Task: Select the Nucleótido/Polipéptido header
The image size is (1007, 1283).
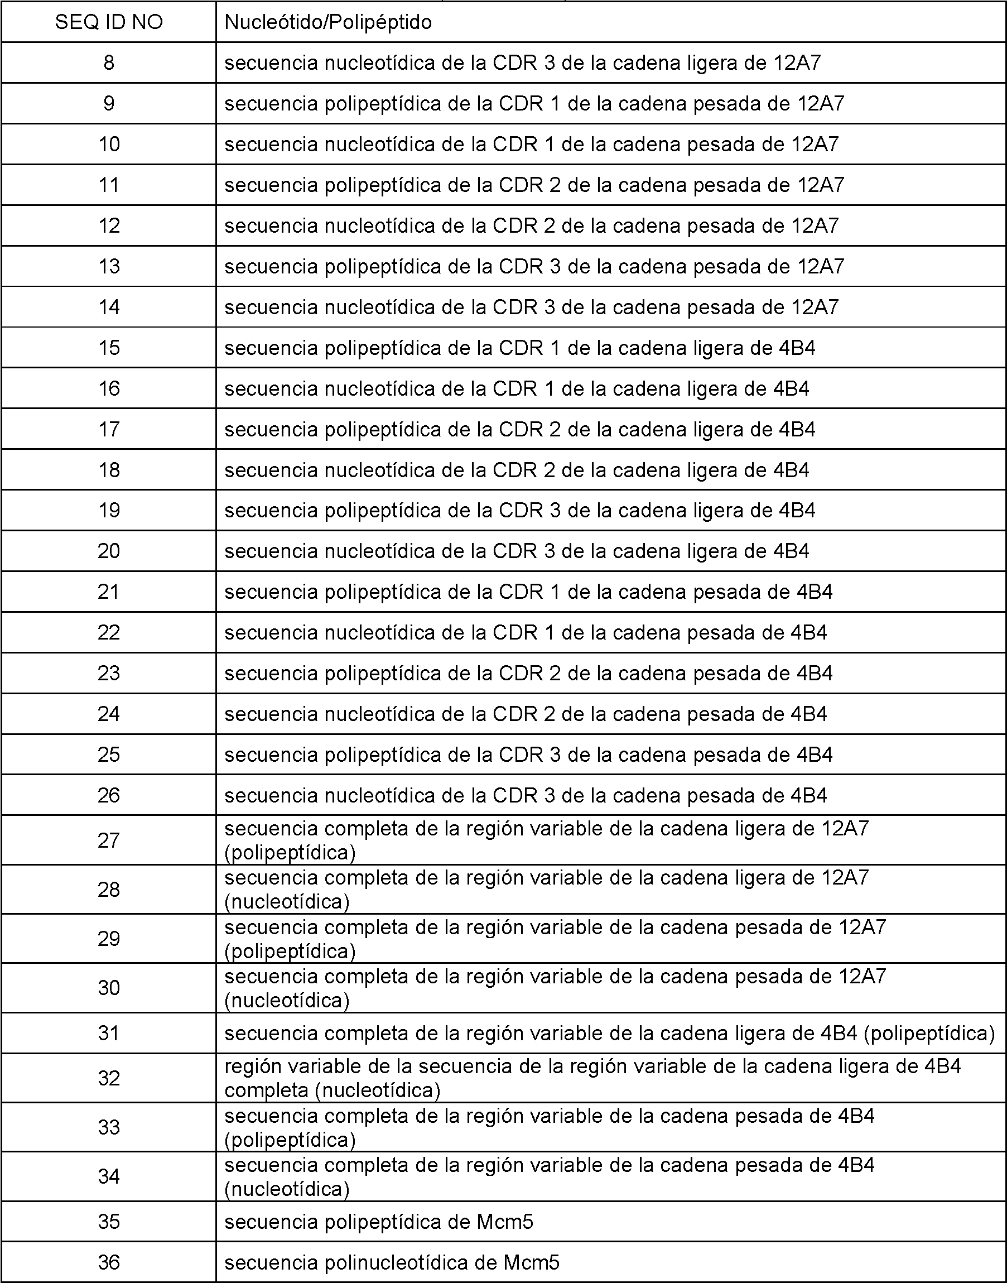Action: (328, 22)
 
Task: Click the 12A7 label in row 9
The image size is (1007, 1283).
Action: (821, 104)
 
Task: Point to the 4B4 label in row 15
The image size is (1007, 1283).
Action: (797, 348)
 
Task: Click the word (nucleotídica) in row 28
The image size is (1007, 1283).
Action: (287, 901)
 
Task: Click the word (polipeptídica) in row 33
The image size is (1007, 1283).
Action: (290, 1140)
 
